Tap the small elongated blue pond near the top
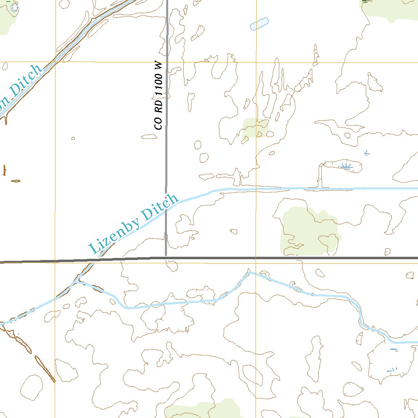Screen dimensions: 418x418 (x=259, y=24)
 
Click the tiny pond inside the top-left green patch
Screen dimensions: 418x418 (x=15, y=7)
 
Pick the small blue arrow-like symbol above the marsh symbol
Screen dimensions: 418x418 (x=367, y=153)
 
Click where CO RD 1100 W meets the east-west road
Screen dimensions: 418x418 (x=166, y=258)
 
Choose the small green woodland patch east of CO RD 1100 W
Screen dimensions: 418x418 (x=255, y=127)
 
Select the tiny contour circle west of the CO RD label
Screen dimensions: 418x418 (x=73, y=138)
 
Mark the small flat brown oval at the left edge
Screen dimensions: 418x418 (x=16, y=180)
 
